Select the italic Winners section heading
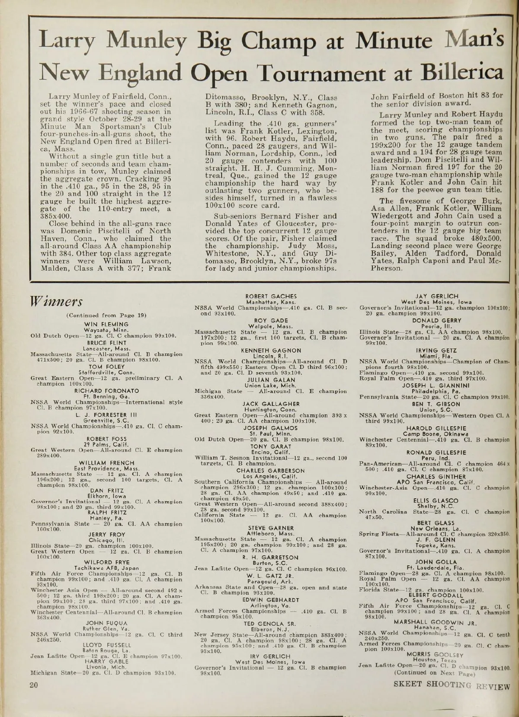pos(55,300)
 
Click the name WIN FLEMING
pos(106,324)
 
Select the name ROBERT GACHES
pos(271,296)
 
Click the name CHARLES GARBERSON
pos(271,471)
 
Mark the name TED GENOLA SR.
pos(270,624)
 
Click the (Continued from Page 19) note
pos(106,315)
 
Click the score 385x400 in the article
pos(61,216)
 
